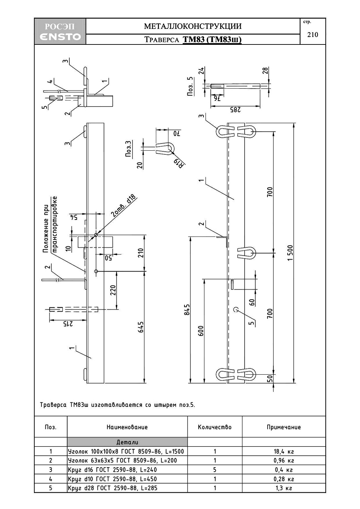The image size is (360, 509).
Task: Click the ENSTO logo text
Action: click(60, 37)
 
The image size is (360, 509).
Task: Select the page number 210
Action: click(313, 35)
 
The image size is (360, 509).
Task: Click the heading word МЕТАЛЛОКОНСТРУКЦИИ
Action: click(193, 26)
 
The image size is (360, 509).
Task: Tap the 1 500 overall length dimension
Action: click(290, 253)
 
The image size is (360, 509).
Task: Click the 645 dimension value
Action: click(141, 327)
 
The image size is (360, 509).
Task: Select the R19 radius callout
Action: click(179, 163)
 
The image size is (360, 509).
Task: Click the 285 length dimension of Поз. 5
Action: click(235, 110)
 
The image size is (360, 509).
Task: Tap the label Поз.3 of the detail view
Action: click(128, 149)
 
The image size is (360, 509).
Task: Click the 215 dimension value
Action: click(68, 324)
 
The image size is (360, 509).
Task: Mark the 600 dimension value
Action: click(201, 331)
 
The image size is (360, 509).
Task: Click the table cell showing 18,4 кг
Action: click(284, 451)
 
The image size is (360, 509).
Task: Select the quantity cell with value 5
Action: click(215, 469)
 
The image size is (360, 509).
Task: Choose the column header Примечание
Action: click(284, 427)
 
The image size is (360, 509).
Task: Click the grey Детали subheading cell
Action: click(127, 442)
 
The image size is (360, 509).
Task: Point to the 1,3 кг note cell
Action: click(284, 488)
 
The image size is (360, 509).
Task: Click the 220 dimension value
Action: click(113, 290)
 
